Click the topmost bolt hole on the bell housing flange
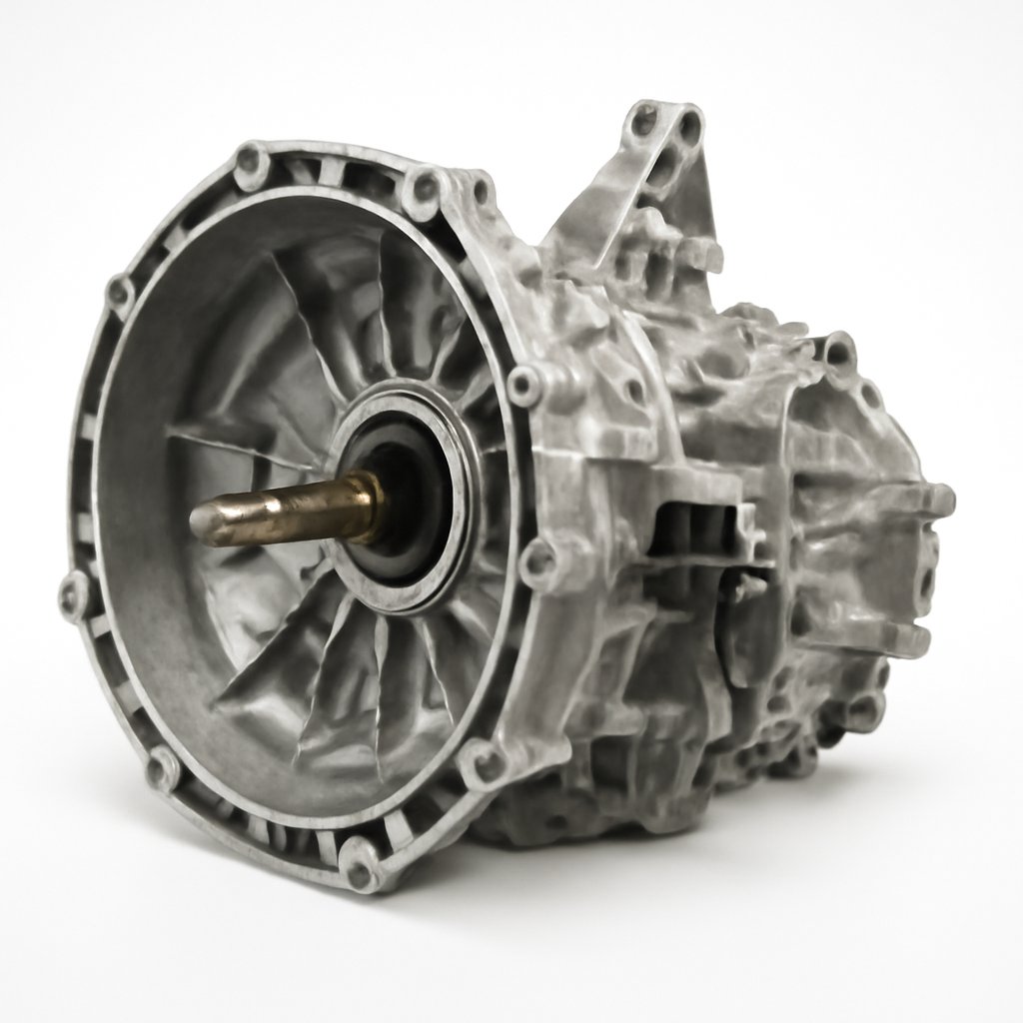(251, 160)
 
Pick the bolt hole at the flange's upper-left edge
(120, 293)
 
